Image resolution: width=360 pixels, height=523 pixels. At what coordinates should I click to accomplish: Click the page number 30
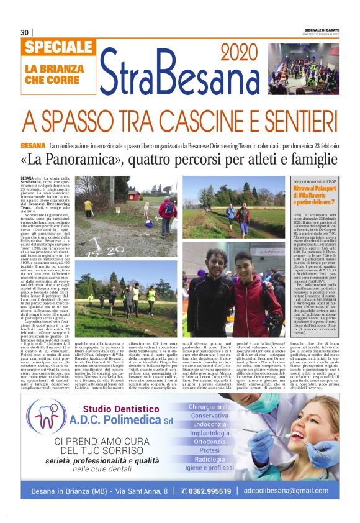[x=24, y=32]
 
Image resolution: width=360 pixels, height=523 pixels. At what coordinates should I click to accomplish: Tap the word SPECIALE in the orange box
[x=60, y=47]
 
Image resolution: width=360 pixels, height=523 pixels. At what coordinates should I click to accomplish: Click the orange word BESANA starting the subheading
[x=33, y=145]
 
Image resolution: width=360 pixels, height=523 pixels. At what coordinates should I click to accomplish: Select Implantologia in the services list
[x=210, y=433]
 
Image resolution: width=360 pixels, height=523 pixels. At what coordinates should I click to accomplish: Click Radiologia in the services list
[x=210, y=459]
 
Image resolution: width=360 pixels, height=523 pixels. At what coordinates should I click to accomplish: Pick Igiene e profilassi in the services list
[x=210, y=468]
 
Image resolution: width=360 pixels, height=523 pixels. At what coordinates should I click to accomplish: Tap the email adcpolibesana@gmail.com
[x=294, y=490]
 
